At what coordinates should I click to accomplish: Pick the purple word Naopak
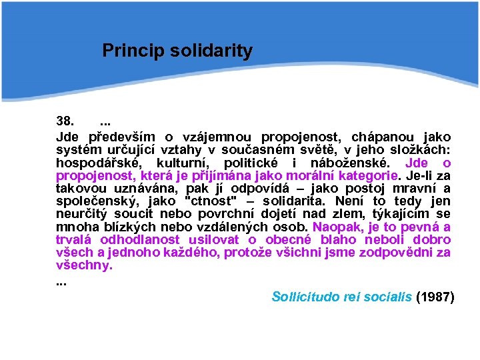click(327, 227)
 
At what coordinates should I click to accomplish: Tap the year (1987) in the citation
click(435, 297)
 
